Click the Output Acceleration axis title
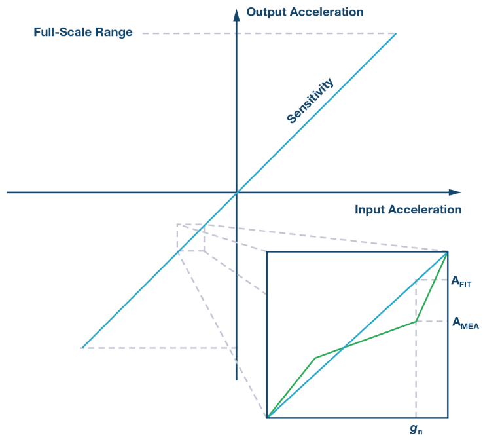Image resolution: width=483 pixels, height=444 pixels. pos(304,12)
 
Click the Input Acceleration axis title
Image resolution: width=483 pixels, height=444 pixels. pos(408,210)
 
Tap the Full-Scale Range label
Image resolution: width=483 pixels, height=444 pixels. pos(83,32)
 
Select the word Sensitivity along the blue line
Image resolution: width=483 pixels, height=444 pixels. pos(310,101)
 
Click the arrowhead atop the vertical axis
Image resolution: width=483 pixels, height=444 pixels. pos(236,14)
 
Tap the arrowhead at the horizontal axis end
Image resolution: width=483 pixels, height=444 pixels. pos(455,193)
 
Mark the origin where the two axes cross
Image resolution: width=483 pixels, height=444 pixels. pos(236,193)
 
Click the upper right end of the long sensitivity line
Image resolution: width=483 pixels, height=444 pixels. pos(396,33)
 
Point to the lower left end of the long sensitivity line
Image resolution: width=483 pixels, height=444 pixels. pos(82,348)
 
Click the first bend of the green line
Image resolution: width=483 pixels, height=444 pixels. pos(315,358)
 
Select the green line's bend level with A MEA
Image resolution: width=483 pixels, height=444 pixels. pos(416,321)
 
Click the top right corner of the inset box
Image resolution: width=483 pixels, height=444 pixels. pos(448,251)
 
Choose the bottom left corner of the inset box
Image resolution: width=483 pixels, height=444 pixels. pos(267,418)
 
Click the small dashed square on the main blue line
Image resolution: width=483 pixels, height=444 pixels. pos(190,238)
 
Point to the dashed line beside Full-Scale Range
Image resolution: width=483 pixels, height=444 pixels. pos(268,33)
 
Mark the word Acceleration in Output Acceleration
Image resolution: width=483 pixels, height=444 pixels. pos(330,12)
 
